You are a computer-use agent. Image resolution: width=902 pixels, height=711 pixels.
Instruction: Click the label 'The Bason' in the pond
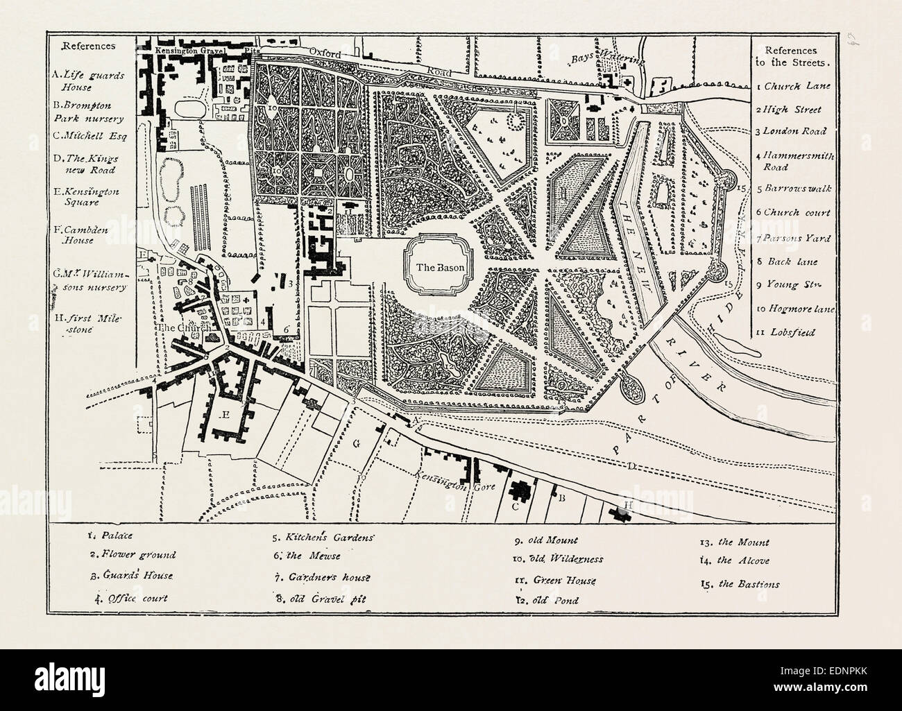434,266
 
